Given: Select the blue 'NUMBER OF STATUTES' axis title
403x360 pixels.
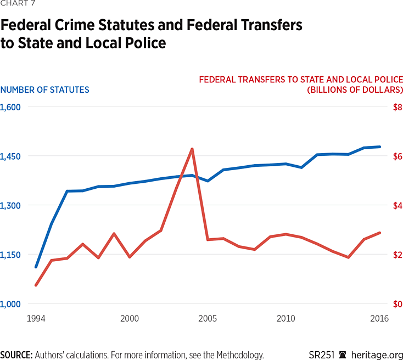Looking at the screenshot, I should click(x=44, y=89).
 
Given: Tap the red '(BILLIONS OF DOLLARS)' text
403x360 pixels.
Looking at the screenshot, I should click(x=355, y=89).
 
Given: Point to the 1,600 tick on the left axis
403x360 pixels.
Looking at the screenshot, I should click(x=10, y=107).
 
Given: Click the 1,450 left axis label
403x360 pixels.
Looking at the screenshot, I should click(x=10, y=156).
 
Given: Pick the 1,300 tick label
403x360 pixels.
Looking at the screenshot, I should click(x=10, y=206).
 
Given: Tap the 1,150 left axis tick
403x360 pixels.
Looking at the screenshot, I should click(x=10, y=255).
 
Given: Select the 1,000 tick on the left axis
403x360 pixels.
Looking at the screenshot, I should click(x=10, y=305).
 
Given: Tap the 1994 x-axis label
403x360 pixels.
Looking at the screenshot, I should click(x=36, y=318).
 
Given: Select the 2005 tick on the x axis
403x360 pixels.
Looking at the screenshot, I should click(x=208, y=318).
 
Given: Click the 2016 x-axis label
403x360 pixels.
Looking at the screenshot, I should click(x=379, y=318).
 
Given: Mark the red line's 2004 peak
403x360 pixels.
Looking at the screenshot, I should click(x=192, y=149).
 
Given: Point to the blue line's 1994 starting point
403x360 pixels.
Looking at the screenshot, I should click(x=36, y=267).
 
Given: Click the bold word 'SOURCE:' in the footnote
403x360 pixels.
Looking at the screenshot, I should click(x=16, y=355).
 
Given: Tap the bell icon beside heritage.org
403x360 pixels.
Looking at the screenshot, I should click(x=343, y=355).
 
